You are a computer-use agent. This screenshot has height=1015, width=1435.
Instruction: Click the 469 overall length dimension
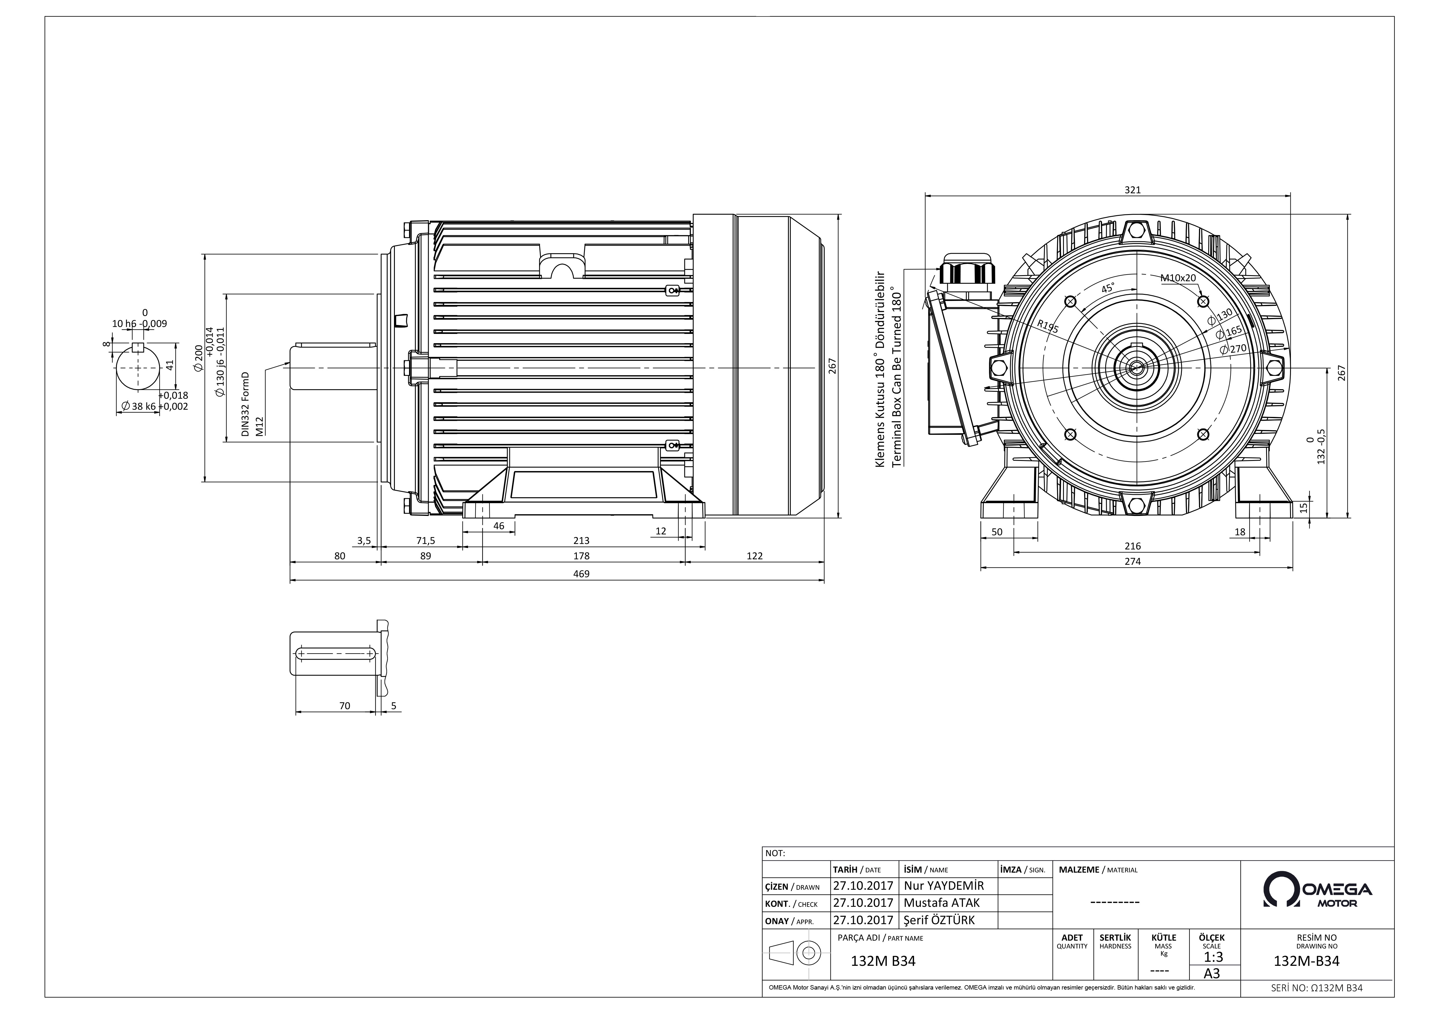pos(581,574)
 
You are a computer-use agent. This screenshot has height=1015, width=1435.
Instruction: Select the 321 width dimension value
pos(1132,190)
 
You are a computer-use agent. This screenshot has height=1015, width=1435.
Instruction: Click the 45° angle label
pos(1108,289)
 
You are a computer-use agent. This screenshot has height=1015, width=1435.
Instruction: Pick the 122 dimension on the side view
pos(754,556)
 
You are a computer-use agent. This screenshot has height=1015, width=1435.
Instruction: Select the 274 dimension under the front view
pos(1132,561)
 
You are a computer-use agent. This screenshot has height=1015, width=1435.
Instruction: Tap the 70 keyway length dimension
pos(345,706)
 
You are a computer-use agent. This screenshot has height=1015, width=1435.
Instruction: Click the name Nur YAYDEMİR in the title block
pos(944,886)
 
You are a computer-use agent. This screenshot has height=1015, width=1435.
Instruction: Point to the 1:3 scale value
pos(1213,957)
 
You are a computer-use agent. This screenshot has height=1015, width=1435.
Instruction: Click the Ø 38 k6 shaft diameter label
pos(138,406)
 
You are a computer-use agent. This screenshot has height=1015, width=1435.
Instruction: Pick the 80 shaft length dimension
pos(339,556)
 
